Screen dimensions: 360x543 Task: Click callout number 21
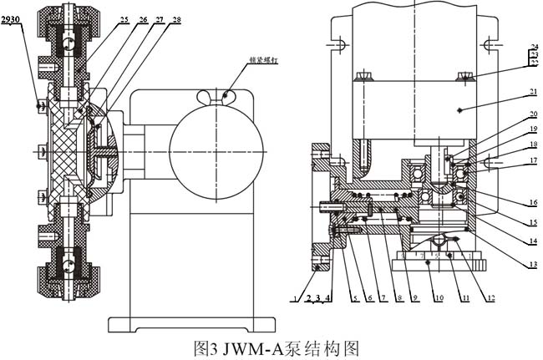point(532,93)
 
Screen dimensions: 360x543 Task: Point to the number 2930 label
point(12,17)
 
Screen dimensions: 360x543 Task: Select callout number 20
point(532,114)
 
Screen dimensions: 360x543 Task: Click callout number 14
point(532,242)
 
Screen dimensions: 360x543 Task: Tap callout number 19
point(532,129)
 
